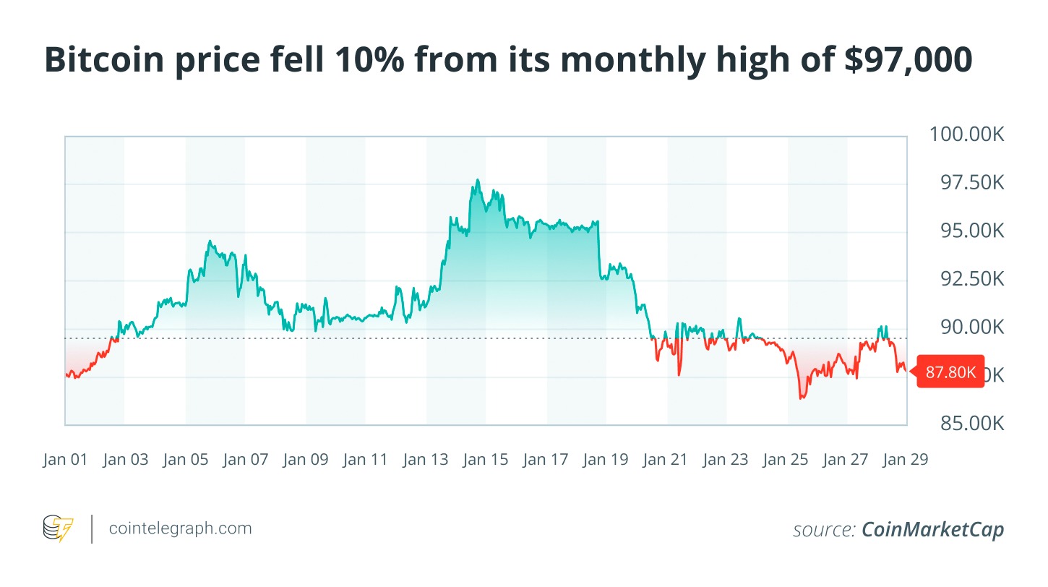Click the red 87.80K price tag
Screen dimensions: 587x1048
(x=950, y=372)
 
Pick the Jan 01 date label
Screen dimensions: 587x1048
(x=65, y=459)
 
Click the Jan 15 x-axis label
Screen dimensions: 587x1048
(x=486, y=459)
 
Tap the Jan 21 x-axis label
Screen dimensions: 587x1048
(x=666, y=459)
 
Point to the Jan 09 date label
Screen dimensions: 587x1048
(x=306, y=459)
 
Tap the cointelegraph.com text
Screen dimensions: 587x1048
(x=180, y=528)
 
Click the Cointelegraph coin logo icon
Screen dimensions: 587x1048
(x=59, y=528)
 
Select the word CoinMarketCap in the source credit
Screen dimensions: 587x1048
(x=932, y=530)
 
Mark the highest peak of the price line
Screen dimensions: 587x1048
(x=478, y=180)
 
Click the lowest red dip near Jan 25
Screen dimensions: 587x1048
(x=801, y=398)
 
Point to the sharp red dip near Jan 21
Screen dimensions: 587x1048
(x=679, y=374)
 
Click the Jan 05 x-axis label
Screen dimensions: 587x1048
(x=186, y=459)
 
